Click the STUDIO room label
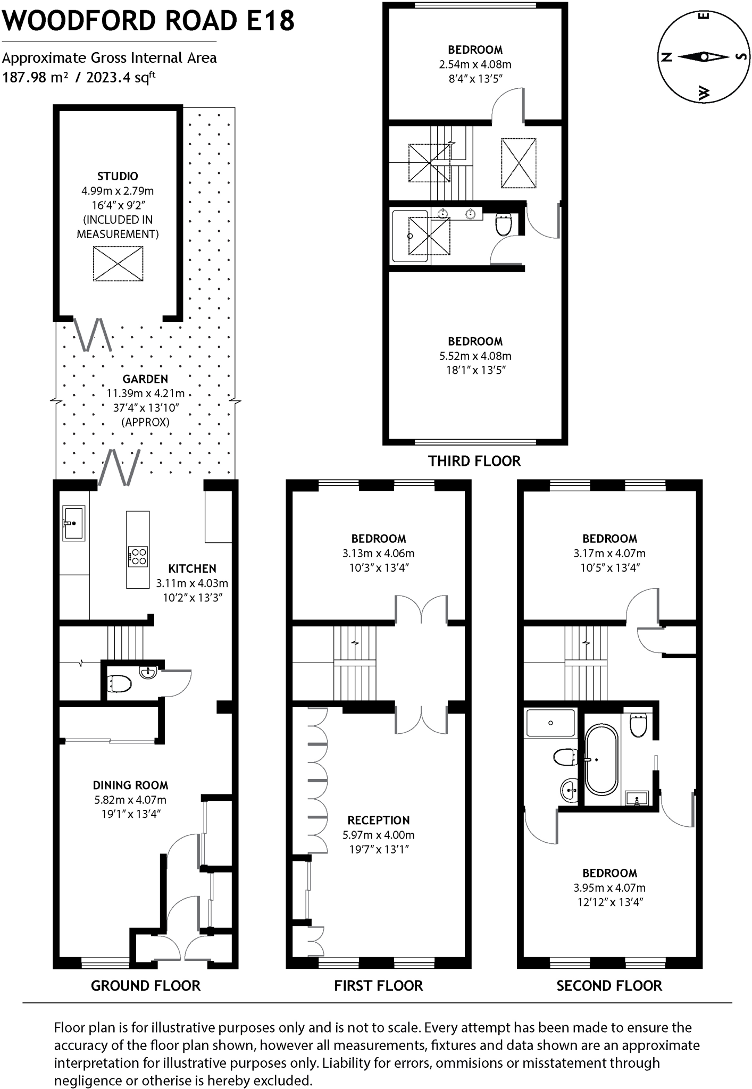point(118,176)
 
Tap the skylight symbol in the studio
point(118,264)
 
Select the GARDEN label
point(145,379)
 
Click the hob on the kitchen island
point(138,556)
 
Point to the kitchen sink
point(73,523)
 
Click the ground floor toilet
point(119,683)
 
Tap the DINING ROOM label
point(130,785)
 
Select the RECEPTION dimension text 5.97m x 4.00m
point(378,835)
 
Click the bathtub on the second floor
point(601,759)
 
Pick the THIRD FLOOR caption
point(474,461)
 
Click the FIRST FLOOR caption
point(378,986)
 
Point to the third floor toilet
point(503,224)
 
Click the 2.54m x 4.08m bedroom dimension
point(475,64)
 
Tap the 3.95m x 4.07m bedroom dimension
point(609,887)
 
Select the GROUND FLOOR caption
point(146,986)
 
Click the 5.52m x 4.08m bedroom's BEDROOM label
point(475,341)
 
